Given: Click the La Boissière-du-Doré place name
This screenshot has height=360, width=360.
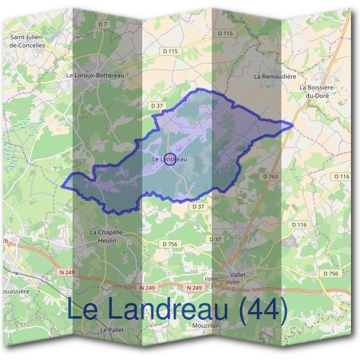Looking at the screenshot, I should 316,91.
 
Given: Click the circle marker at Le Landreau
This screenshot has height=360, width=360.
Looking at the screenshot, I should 170,159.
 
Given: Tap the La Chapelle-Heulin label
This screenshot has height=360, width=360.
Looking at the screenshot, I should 107,236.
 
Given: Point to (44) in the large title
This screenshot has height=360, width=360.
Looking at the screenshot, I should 259,310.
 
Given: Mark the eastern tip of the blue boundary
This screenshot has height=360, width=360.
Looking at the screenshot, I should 292,125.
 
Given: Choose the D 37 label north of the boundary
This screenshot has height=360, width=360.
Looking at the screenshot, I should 157,106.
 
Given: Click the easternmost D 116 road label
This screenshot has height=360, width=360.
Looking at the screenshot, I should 341,176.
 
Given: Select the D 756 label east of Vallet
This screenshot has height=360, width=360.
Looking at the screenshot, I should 331,273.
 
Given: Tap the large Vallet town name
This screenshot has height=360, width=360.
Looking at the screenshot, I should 238,274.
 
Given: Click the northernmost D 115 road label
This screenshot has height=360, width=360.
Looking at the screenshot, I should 224,34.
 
